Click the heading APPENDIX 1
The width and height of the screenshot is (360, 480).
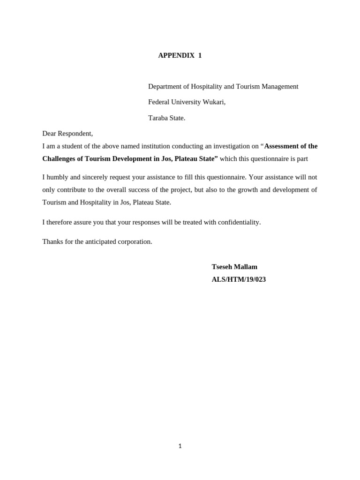click(180, 55)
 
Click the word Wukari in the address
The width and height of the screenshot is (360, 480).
click(214, 102)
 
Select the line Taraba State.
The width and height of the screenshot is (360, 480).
click(166, 118)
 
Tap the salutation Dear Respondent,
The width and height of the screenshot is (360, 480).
click(67, 134)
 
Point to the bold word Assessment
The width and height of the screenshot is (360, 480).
click(282, 146)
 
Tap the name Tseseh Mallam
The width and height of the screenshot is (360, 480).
click(234, 267)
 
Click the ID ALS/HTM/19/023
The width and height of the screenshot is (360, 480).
click(239, 279)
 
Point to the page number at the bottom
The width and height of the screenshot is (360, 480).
click(180, 446)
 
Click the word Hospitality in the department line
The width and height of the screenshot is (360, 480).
click(204, 87)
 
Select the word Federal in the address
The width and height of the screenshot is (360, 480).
click(159, 102)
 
